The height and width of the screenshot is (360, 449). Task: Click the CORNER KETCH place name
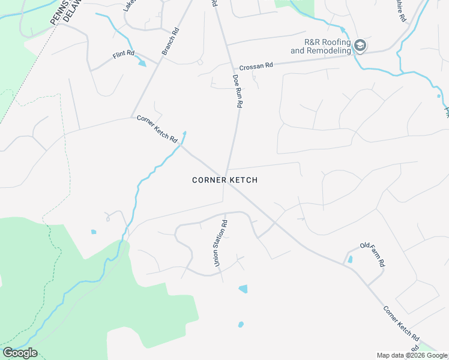coord(225,180)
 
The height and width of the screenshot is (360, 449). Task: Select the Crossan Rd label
coord(256,66)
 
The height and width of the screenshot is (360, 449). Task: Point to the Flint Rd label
coord(122,55)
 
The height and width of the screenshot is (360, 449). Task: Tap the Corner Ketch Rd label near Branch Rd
coord(157,129)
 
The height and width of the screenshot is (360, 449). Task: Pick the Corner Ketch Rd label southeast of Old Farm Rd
coord(401,325)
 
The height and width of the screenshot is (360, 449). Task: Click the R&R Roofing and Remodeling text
coord(320,47)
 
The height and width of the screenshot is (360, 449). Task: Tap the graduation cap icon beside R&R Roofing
coord(360,46)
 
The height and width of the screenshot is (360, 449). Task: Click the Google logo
coord(20,353)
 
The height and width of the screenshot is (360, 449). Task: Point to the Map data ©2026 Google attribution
coord(412,355)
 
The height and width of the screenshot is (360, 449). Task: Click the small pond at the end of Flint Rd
coord(142,62)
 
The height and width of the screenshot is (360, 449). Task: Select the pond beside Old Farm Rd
coord(350,259)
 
